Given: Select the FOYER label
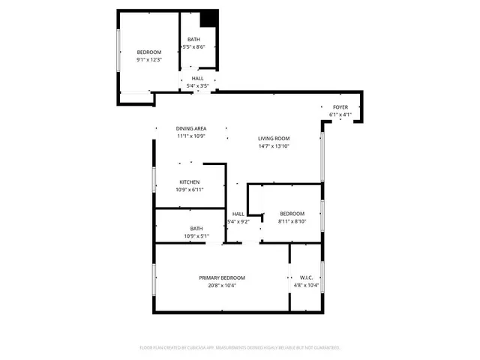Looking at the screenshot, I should click(x=340, y=107).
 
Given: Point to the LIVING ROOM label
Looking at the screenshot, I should click(x=274, y=139).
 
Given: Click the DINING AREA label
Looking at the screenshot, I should click(x=191, y=128).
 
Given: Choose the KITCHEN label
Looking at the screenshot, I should click(x=189, y=182).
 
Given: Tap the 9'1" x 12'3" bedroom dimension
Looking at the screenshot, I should click(x=148, y=59).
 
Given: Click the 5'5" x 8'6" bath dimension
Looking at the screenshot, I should click(x=194, y=47).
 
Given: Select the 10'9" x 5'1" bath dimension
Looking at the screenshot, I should click(x=196, y=236).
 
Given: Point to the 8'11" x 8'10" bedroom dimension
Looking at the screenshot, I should click(x=292, y=221).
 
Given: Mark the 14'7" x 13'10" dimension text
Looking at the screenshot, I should click(x=274, y=146).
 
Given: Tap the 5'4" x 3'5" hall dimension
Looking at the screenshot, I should click(x=197, y=86).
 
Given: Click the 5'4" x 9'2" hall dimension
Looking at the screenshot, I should click(x=238, y=221).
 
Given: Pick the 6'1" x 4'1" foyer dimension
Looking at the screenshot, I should click(x=340, y=115).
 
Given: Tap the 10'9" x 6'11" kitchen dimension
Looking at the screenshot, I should click(x=189, y=190).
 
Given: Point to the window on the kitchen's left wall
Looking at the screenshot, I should click(x=154, y=180).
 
